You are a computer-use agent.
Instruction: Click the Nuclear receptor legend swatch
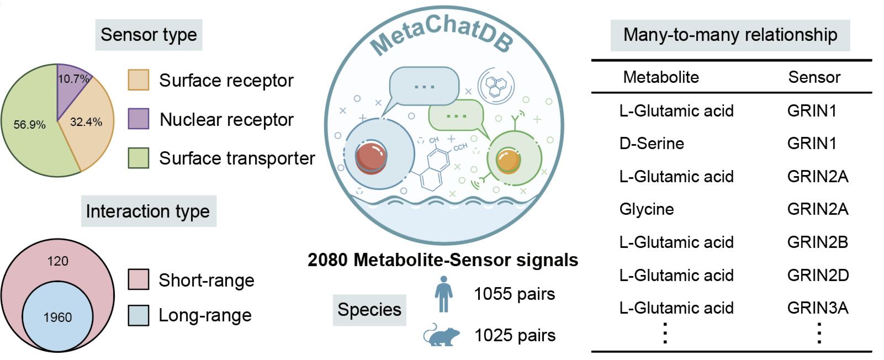click(x=139, y=119)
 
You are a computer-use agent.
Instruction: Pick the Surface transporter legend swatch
click(x=139, y=158)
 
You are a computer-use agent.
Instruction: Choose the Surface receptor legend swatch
click(x=139, y=80)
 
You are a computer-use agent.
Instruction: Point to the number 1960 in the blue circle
click(x=57, y=317)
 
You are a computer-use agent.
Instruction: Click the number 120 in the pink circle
click(x=57, y=261)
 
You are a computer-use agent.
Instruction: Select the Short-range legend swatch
click(x=139, y=279)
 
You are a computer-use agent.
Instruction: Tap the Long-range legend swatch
click(x=139, y=315)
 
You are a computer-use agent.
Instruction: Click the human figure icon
click(x=444, y=294)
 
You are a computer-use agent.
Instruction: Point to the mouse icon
click(x=442, y=335)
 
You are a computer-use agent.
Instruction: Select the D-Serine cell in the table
click(x=652, y=144)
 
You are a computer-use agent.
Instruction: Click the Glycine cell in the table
click(x=647, y=209)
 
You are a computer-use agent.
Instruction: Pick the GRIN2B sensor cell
click(x=818, y=242)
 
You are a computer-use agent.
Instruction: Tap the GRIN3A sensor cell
click(x=818, y=308)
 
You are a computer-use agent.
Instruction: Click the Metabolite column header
click(x=661, y=77)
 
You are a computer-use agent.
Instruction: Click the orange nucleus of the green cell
click(x=509, y=161)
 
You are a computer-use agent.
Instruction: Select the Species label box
click(x=369, y=310)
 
